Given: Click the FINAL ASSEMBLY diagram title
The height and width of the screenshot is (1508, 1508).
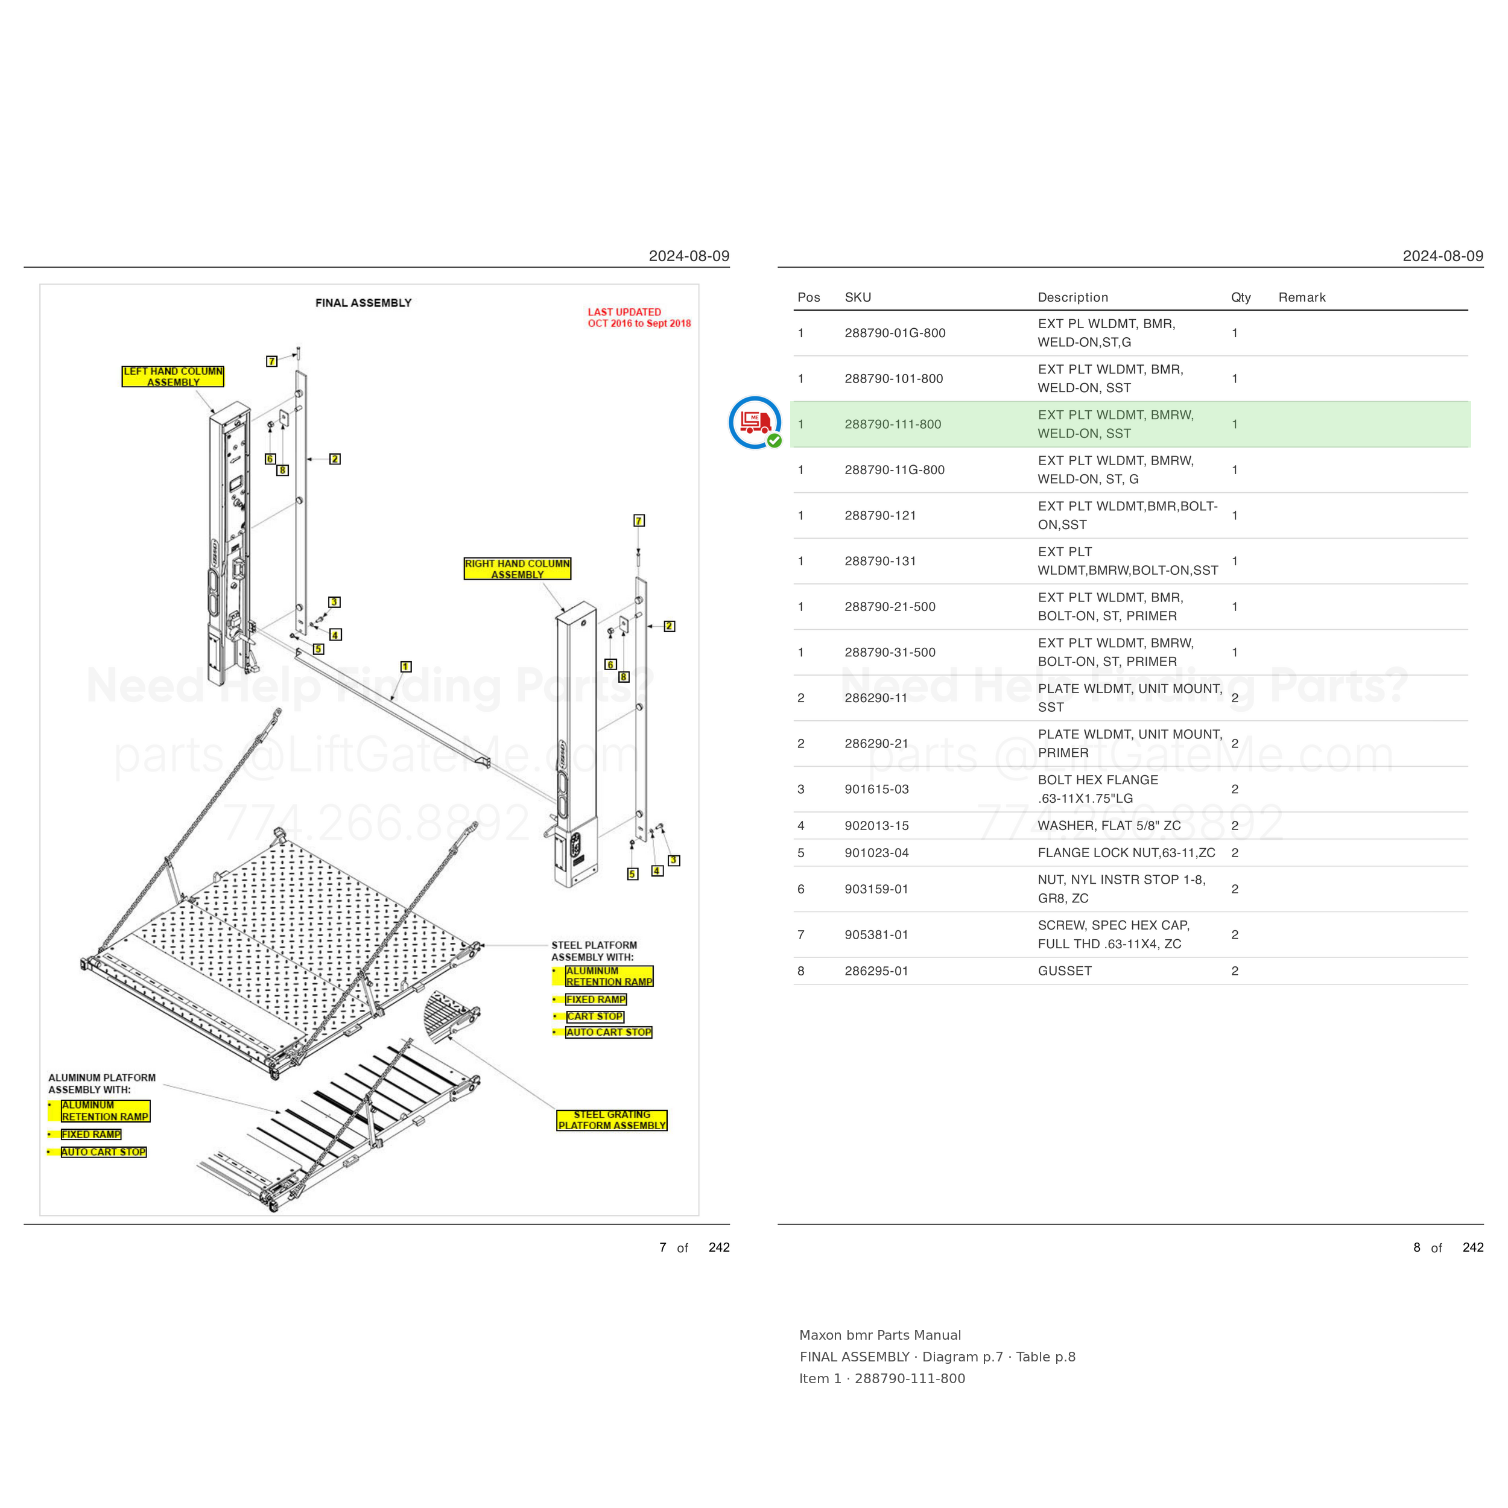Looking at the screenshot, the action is pyautogui.click(x=363, y=303).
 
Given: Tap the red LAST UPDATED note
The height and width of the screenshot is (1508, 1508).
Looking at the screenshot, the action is pyautogui.click(x=639, y=318).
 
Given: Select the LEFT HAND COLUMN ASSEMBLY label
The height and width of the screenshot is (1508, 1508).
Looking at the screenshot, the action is pyautogui.click(x=173, y=376).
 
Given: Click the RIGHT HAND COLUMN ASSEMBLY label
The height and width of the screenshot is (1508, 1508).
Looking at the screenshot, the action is pyautogui.click(x=518, y=569).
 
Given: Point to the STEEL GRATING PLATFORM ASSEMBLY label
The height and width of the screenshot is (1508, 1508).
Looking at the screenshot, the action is pyautogui.click(x=612, y=1120).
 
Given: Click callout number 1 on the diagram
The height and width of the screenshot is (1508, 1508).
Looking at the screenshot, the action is pyautogui.click(x=406, y=667).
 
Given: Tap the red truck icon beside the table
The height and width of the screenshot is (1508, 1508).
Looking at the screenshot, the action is pyautogui.click(x=755, y=423).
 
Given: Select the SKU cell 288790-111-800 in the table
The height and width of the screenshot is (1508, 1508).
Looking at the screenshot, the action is pyautogui.click(x=893, y=425).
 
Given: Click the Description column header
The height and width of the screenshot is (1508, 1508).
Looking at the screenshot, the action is pyautogui.click(x=1072, y=297).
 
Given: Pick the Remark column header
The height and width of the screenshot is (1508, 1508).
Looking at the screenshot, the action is pyautogui.click(x=1302, y=297).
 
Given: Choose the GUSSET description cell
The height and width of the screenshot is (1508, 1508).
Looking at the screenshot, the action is pyautogui.click(x=1065, y=971).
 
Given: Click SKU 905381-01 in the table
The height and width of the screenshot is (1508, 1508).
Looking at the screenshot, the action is pyautogui.click(x=876, y=935).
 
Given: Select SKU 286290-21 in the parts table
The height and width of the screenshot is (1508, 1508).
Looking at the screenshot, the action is pyautogui.click(x=876, y=744).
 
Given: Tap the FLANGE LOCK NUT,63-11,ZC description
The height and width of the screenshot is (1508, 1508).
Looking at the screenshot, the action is pyautogui.click(x=1126, y=853).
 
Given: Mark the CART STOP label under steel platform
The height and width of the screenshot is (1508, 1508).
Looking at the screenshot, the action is pyautogui.click(x=595, y=1016).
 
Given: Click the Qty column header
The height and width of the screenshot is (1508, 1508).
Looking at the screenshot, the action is pyautogui.click(x=1241, y=297).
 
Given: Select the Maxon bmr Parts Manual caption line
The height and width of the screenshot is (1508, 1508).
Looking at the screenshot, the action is pyautogui.click(x=879, y=1335).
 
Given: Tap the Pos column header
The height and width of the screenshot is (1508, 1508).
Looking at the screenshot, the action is pyautogui.click(x=809, y=297).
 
